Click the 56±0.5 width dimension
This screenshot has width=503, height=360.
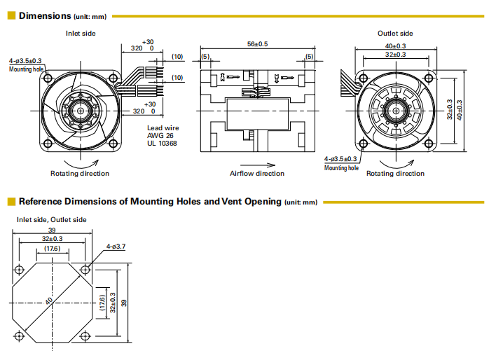(257, 43)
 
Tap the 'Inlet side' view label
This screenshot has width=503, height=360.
(81, 33)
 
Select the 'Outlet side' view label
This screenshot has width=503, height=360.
(395, 33)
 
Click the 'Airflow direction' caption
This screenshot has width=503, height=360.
(257, 173)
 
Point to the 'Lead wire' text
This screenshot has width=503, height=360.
(163, 127)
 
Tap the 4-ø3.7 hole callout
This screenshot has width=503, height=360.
(116, 247)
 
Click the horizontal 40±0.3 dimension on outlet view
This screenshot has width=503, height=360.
(395, 46)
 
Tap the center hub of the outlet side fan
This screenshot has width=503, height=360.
(396, 110)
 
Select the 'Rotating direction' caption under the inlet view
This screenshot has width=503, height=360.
(80, 173)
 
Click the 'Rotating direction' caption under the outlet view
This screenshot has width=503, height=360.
(395, 173)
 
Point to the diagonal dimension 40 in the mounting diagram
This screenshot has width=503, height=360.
(49, 302)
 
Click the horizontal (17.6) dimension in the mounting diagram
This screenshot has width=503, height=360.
(51, 249)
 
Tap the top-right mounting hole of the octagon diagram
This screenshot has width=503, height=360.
(85, 270)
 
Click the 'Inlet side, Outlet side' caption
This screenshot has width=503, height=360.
(52, 219)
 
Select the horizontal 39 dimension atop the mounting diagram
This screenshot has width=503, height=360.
(51, 230)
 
